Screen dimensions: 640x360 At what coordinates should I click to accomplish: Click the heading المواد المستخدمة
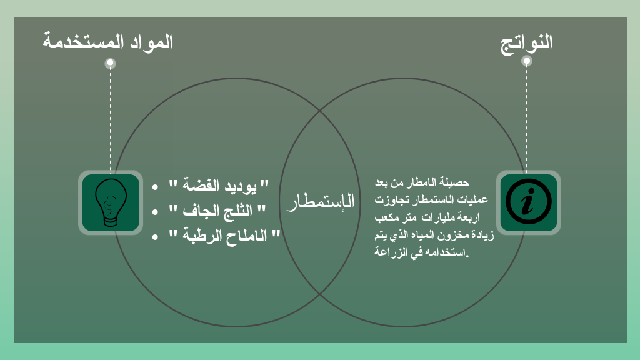(107, 42)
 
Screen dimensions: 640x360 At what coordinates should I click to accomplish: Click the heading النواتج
(526, 43)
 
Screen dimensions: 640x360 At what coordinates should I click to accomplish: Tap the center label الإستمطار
(321, 202)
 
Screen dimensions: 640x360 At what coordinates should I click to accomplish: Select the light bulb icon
(111, 202)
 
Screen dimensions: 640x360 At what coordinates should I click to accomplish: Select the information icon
(529, 202)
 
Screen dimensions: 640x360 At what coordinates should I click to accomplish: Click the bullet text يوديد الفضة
(219, 185)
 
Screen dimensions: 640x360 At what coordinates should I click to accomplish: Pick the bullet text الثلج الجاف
(217, 211)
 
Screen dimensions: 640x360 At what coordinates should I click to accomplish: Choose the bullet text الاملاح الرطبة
(224, 235)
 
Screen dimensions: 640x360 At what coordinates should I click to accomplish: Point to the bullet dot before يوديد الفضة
(155, 187)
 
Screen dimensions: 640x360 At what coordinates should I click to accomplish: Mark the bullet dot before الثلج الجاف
(155, 212)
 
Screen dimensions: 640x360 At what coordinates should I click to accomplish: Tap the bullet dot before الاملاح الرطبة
(155, 237)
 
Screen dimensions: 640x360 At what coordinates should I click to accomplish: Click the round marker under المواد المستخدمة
(110, 63)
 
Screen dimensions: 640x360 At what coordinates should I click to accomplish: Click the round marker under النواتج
(527, 61)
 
